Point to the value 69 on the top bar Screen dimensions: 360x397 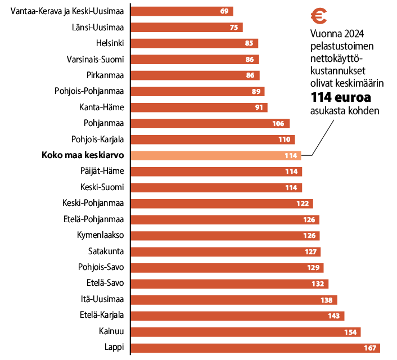click(224, 11)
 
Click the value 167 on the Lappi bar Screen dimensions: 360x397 click(369, 348)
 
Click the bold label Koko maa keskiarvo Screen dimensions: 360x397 click(83, 155)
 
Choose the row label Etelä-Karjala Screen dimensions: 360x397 click(102, 315)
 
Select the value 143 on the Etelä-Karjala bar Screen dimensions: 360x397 click(333, 316)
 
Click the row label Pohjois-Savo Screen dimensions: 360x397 click(101, 267)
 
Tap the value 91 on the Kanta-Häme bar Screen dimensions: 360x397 click(259, 107)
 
